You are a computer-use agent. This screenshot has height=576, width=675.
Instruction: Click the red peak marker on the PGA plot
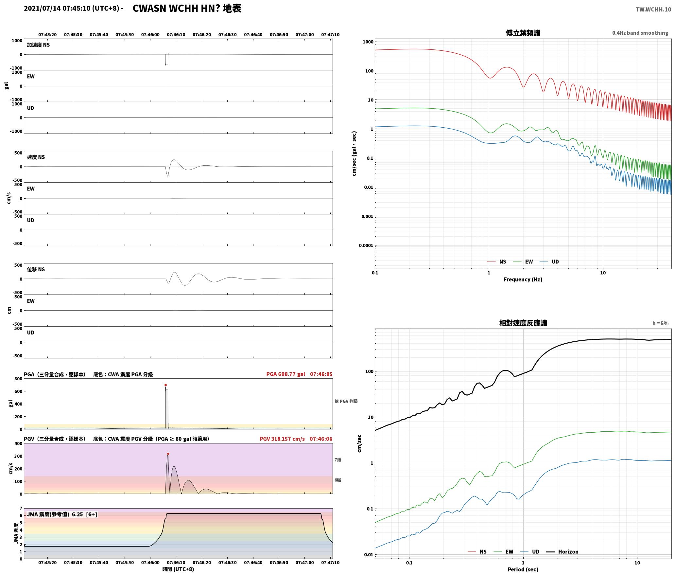[x=165, y=385]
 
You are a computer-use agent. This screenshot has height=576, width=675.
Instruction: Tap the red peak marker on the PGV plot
[x=168, y=454]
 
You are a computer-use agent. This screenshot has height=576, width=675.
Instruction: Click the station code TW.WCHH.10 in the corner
[x=653, y=9]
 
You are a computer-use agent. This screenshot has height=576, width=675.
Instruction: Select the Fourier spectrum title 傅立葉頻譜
[x=523, y=33]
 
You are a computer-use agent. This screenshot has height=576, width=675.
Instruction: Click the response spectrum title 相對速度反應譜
[x=523, y=323]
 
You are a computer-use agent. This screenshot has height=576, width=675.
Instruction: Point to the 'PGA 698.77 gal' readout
[x=286, y=374]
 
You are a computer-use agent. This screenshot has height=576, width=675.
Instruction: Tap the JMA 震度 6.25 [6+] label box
[x=62, y=514]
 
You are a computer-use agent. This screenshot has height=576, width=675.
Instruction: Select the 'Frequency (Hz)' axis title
[x=523, y=279]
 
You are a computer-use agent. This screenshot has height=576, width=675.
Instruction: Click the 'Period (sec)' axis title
[x=523, y=569]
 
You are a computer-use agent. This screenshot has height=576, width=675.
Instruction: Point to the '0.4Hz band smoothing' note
[x=640, y=33]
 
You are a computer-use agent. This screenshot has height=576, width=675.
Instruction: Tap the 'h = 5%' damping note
[x=660, y=323]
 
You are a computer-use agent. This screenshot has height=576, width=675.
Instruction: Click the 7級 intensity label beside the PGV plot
[x=338, y=459]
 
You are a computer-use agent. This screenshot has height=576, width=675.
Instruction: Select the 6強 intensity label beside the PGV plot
[x=338, y=480]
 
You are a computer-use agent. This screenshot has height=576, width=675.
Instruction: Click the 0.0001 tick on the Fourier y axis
[x=366, y=245]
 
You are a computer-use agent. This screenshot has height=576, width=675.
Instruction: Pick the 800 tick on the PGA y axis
[x=18, y=379]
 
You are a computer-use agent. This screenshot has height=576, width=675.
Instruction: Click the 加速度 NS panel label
[x=38, y=45]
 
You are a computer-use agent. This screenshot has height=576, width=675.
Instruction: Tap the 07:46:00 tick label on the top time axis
[x=150, y=34]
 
